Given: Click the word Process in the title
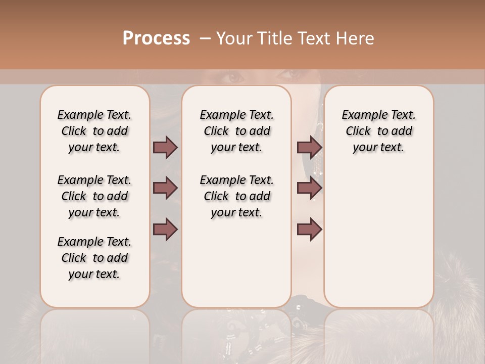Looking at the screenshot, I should (156, 38).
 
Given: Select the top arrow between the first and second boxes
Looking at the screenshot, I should (165, 147).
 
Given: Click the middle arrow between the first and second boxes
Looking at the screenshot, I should (165, 188).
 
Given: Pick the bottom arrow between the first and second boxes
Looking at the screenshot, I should (165, 230).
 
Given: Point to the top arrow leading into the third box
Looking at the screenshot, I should (309, 147).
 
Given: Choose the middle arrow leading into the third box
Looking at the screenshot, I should (309, 188).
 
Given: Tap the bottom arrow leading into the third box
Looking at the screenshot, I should (309, 230).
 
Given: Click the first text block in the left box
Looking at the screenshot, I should (94, 131).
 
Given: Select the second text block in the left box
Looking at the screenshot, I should (94, 196).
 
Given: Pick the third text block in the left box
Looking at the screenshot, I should (94, 258).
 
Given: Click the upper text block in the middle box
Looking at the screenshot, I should (236, 131).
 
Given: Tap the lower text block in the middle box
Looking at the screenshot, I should (236, 196).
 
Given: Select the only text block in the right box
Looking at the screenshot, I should (378, 131).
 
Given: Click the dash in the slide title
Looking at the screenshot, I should (205, 38).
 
